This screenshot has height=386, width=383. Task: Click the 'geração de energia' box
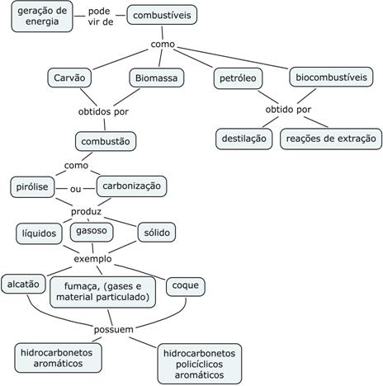click(x=42, y=16)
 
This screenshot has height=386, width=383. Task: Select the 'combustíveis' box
click(x=162, y=15)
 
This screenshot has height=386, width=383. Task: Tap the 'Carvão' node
click(x=69, y=78)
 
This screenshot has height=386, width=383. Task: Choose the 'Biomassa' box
click(x=157, y=78)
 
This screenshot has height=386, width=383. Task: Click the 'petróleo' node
click(x=238, y=78)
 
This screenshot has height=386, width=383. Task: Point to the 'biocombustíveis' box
click(x=331, y=77)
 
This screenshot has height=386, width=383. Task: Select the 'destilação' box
click(x=244, y=139)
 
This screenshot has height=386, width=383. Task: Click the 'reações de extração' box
click(x=331, y=139)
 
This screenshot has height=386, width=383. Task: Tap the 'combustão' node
click(x=106, y=141)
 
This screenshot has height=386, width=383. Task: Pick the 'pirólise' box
click(x=32, y=187)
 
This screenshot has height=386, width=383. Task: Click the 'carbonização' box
click(x=131, y=186)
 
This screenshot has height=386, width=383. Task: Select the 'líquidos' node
click(x=39, y=233)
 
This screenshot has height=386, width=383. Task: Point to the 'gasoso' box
click(x=92, y=231)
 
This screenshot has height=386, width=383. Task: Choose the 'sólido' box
click(x=157, y=233)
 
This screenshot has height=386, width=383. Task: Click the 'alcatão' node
click(x=23, y=284)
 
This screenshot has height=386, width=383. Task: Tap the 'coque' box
click(x=186, y=286)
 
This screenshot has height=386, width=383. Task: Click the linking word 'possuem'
click(x=114, y=329)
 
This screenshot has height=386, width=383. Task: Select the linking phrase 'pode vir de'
click(x=101, y=16)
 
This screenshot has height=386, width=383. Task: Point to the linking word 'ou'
click(x=75, y=189)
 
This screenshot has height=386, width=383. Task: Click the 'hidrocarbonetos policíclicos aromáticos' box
click(x=200, y=364)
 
